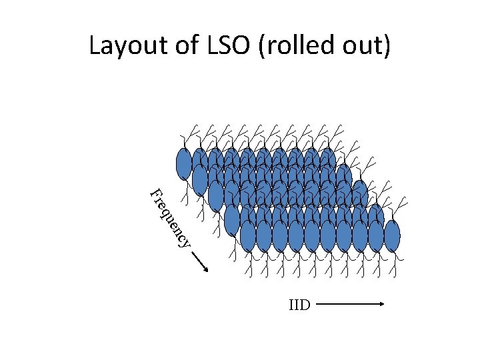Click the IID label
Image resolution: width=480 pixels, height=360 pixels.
(x=299, y=306)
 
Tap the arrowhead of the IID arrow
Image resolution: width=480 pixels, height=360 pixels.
(x=382, y=305)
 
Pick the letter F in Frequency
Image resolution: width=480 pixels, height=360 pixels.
(x=155, y=195)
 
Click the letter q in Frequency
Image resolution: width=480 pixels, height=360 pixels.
(x=165, y=213)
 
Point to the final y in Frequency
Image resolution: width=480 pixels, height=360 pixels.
(x=186, y=241)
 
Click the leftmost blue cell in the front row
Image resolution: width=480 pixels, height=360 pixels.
(x=248, y=236)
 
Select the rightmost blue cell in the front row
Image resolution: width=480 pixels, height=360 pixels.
(x=392, y=236)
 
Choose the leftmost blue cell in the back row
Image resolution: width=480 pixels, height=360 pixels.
(x=183, y=164)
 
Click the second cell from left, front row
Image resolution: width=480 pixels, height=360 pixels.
(x=264, y=236)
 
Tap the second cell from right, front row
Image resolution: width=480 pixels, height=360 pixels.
(x=376, y=236)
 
